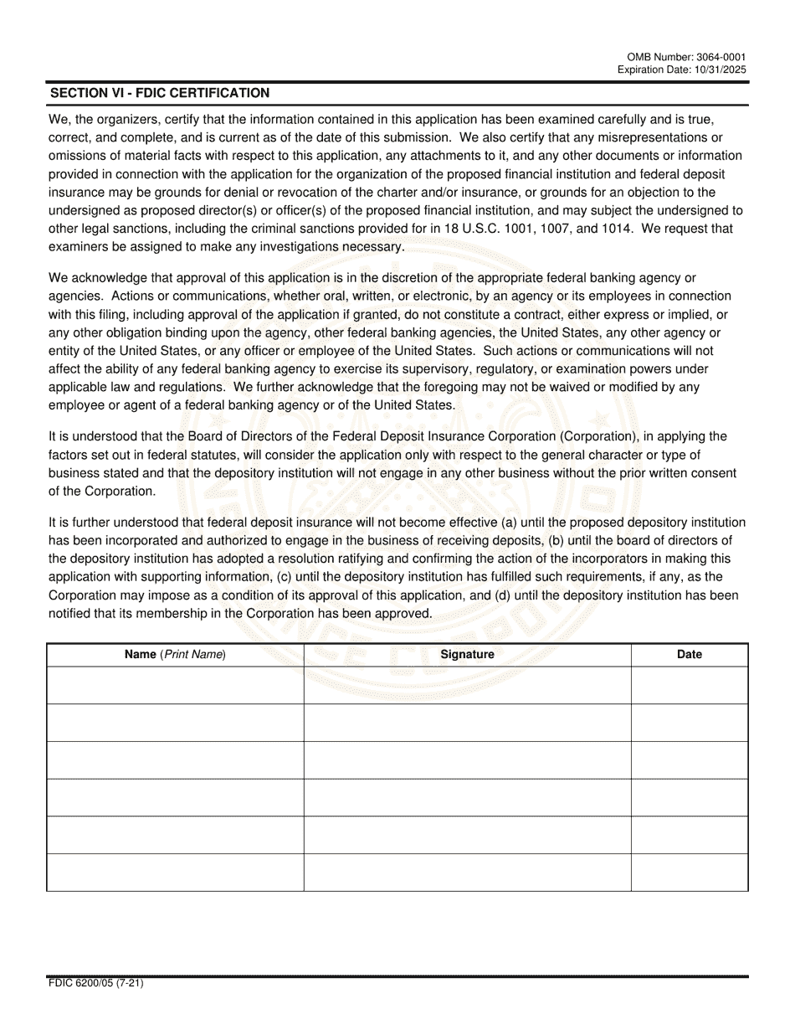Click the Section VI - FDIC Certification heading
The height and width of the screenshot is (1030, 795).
(160, 93)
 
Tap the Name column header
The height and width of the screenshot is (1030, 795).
(175, 655)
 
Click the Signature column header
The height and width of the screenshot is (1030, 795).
(467, 655)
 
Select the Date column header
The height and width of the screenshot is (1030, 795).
(689, 655)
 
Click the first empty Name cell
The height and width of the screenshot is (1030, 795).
(175, 685)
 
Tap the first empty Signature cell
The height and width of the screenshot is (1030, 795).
(467, 685)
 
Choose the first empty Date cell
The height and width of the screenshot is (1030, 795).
(689, 685)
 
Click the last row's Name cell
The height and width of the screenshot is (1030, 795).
(175, 873)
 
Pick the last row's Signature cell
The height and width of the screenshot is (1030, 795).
(467, 873)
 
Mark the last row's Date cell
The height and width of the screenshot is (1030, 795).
(689, 873)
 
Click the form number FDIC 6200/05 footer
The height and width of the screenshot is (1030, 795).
(95, 984)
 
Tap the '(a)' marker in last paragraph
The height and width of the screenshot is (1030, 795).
(509, 523)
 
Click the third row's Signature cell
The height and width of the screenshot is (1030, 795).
(467, 760)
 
